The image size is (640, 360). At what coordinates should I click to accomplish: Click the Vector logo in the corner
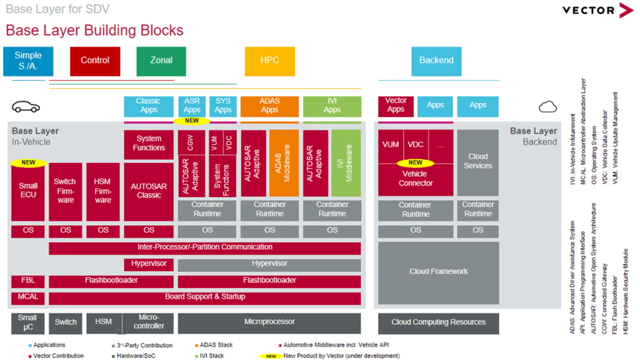pos(597,10)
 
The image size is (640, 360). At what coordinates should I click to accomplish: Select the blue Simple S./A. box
pos(28,61)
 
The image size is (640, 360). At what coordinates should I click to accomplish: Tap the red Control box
pos(95,61)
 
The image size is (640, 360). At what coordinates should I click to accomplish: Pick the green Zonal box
pos(161,61)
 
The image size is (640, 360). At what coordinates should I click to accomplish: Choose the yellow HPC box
pos(269,61)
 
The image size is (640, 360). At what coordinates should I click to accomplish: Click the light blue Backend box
pos(436,61)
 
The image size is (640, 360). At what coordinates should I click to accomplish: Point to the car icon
pos(26,107)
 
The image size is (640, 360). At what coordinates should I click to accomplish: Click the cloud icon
pos(547,107)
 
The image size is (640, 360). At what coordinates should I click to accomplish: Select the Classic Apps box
pos(149,106)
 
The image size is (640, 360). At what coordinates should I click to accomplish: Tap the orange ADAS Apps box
pos(269,106)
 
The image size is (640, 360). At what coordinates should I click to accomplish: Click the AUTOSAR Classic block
pos(149,191)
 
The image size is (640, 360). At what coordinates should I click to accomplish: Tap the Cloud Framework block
pos(438,272)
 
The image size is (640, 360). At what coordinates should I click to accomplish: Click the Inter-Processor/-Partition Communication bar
pos(204,247)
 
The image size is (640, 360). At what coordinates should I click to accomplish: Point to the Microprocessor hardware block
pos(269,322)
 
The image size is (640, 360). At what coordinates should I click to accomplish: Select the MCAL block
pos(28,297)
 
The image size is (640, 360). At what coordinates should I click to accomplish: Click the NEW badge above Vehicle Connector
pos(416,163)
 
